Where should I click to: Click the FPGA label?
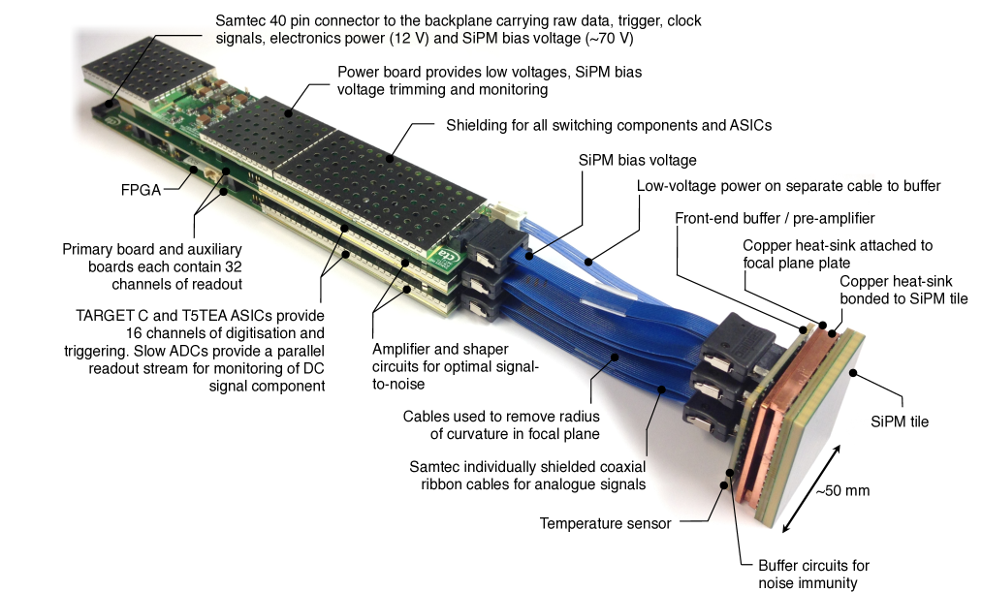pos(141,190)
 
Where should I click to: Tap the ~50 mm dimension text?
pos(843,491)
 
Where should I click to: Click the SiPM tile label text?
pos(900,422)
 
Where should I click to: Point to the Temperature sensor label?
pos(605,524)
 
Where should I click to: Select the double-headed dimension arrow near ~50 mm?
pos(811,488)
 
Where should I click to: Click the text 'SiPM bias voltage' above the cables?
pos(637,161)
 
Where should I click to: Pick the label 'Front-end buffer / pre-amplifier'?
pos(775,218)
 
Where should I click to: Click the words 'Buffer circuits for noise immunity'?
pos(813,575)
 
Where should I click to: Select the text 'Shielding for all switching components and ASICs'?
pos(609,126)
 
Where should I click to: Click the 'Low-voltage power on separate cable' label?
pos(788,186)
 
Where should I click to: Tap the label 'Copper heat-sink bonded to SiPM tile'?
pos(903,291)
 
